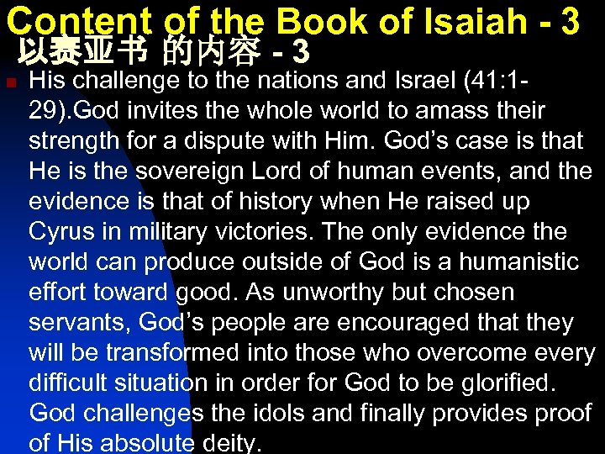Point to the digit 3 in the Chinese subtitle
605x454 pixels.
coord(301,54)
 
